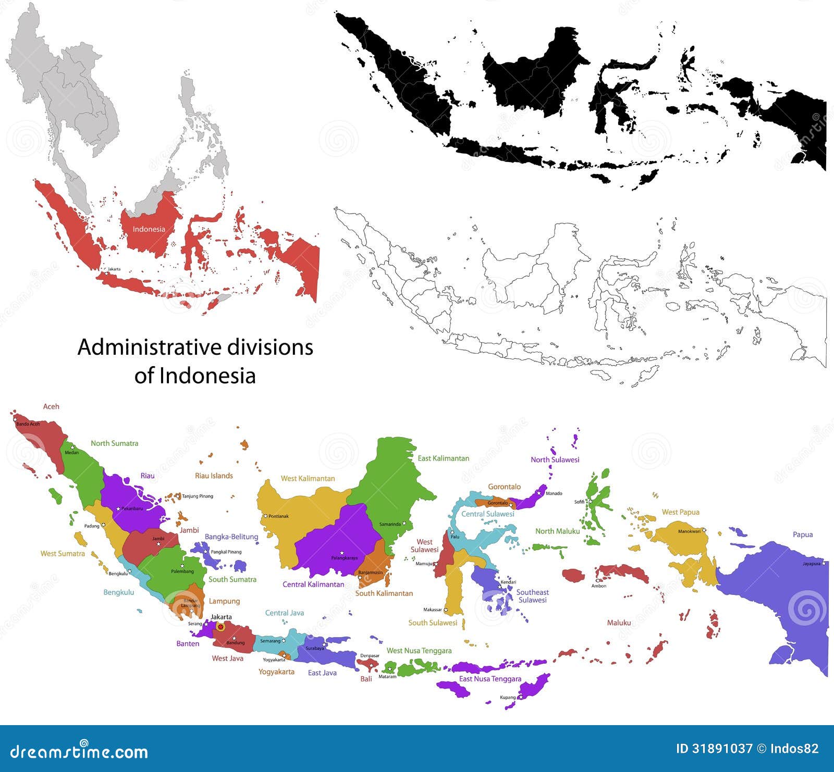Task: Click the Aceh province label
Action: pos(51,406)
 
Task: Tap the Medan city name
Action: pos(71,453)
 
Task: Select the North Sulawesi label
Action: pos(555,459)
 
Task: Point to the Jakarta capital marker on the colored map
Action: pos(220,627)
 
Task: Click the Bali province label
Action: pos(366,679)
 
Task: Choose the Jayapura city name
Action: pos(811,564)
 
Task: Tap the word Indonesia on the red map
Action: pos(149,229)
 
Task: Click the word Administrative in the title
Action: pos(137,347)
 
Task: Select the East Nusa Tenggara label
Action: pos(490,679)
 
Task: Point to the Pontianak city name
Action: pos(278,516)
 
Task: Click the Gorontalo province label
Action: pos(504,487)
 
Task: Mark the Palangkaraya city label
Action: pos(345,558)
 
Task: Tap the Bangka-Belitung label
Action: pos(231,537)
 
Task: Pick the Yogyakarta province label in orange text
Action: pos(276,671)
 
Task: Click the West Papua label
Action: pos(680,512)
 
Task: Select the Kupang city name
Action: pos(507,698)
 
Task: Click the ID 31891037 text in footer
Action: pos(714,749)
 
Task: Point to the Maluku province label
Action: pos(619,622)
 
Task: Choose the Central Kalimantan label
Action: pos(313,584)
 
